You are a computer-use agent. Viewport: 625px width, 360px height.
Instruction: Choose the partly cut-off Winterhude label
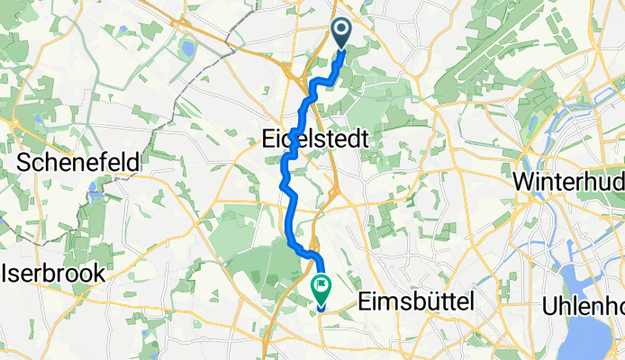[x=568, y=181]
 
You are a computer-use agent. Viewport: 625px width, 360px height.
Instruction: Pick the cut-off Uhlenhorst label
[x=583, y=306]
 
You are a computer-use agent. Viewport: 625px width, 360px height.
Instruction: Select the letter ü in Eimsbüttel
[x=434, y=303]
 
